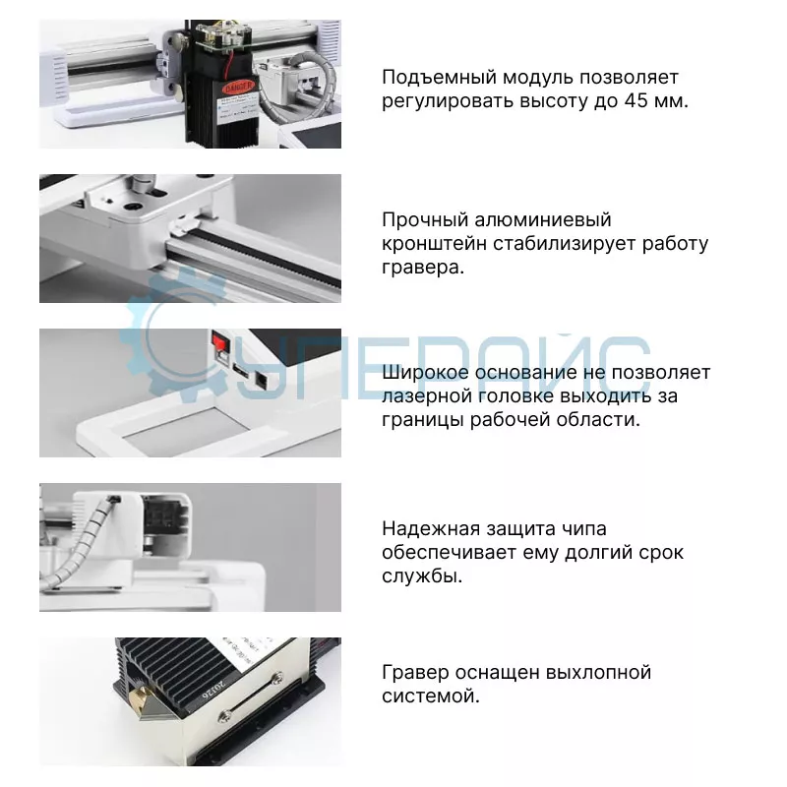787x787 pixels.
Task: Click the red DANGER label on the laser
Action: click(x=237, y=88)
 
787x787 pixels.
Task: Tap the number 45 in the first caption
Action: click(x=636, y=101)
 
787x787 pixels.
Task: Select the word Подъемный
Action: click(x=439, y=78)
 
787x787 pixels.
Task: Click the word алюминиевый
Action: click(x=543, y=219)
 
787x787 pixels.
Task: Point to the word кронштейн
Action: click(x=434, y=243)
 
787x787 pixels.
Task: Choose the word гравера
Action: click(x=423, y=268)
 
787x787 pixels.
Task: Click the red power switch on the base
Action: click(x=219, y=340)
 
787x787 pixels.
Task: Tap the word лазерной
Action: click(x=427, y=396)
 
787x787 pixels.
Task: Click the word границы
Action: click(x=423, y=420)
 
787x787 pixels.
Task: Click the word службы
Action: click(x=422, y=576)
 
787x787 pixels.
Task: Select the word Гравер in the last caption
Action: click(x=415, y=672)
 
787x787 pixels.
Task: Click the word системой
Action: click(x=431, y=696)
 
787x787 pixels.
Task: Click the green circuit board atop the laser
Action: click(x=223, y=35)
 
